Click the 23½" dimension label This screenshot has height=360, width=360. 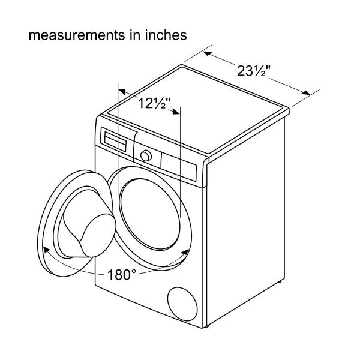point(254,71)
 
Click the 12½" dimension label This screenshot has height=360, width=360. point(154,103)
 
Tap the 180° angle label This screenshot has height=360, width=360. point(122,274)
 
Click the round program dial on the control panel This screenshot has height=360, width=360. point(146,156)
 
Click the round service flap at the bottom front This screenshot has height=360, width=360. point(182,304)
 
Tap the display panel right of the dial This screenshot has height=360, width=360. point(179,166)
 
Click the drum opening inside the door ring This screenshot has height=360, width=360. point(150,214)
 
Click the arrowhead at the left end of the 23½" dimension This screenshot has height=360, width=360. point(208,54)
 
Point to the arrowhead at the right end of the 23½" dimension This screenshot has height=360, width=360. point(305,92)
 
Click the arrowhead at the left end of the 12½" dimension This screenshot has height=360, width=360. point(122,92)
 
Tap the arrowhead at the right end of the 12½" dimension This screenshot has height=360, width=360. point(176,112)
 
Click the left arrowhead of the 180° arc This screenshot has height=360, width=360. point(47,250)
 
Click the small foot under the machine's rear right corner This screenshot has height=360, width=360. point(280,281)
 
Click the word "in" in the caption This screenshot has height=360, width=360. point(134,35)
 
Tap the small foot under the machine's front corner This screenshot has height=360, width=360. point(206,326)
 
